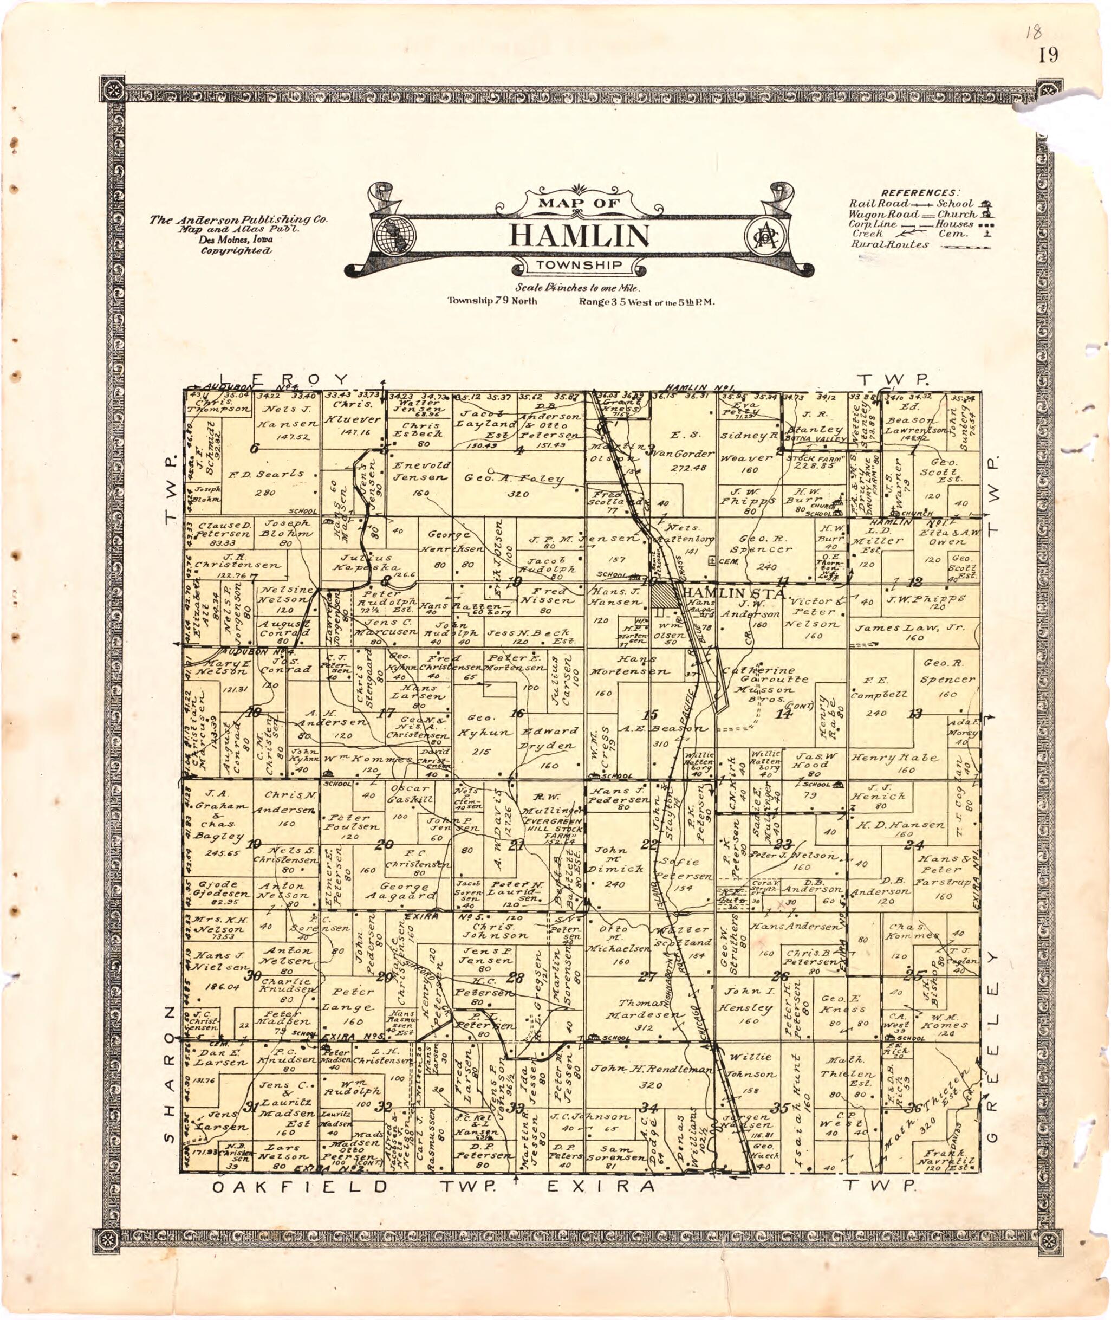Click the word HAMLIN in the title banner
[x=579, y=235]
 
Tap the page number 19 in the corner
[x=1049, y=56]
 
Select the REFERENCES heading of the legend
[x=921, y=192]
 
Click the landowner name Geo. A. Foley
[x=514, y=478]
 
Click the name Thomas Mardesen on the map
[x=642, y=1008]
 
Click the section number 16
[x=517, y=713]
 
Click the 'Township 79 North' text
[x=492, y=301]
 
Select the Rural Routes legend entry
[x=889, y=244]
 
